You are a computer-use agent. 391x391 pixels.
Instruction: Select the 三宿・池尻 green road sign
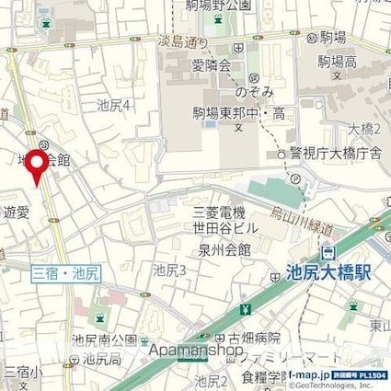(x=66, y=272)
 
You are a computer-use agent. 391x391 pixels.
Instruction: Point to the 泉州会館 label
(x=217, y=249)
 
